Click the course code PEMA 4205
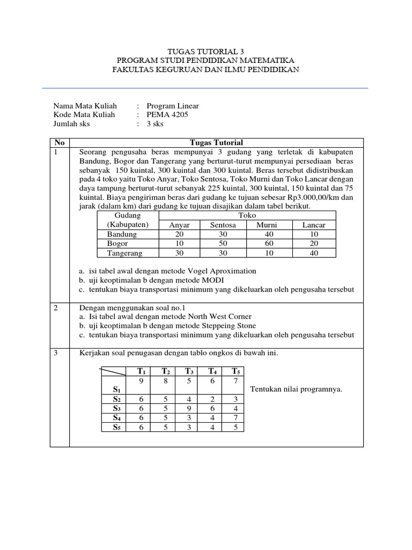[167, 115]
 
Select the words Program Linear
[172, 106]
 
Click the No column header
[60, 142]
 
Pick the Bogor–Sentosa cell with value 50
[223, 243]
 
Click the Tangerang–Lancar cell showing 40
[314, 252]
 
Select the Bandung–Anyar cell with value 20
[179, 234]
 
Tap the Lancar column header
[314, 225]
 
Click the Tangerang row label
[126, 252]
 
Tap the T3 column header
[189, 371]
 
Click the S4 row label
[116, 418]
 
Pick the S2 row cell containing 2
[212, 399]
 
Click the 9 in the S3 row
[189, 408]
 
